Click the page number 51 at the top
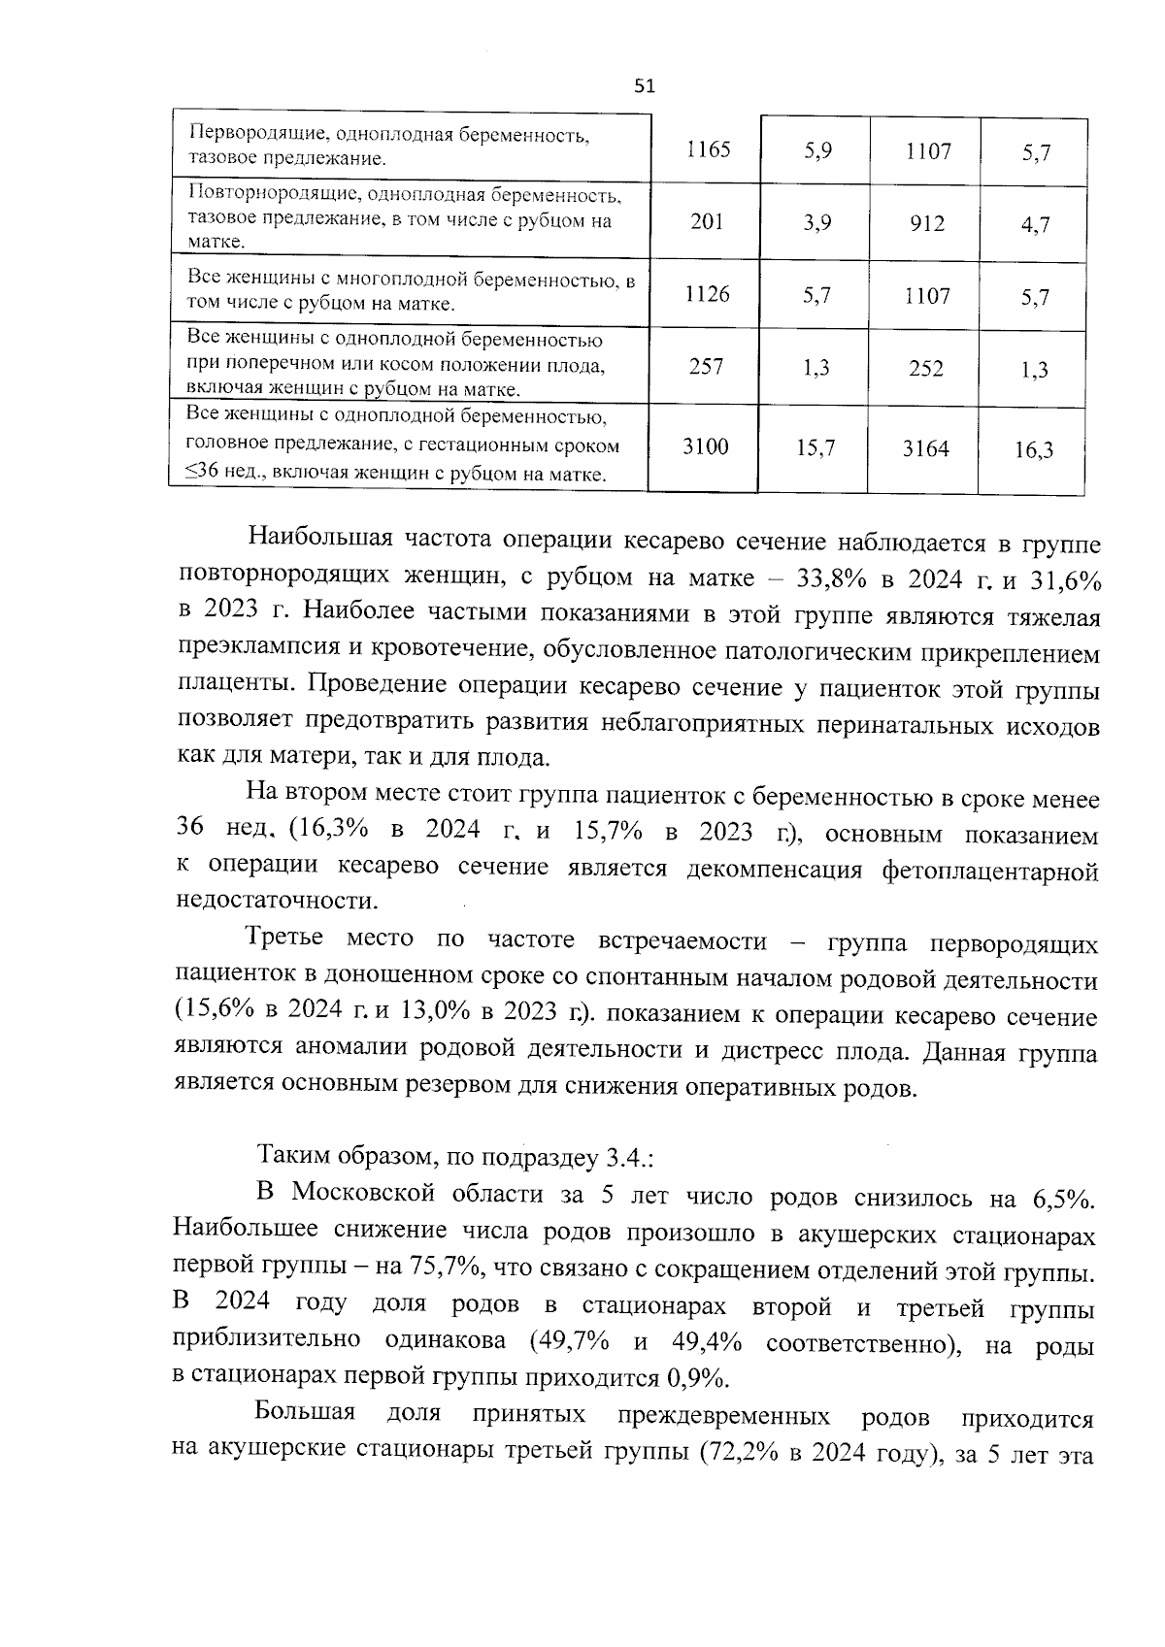(x=644, y=86)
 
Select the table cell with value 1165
(x=707, y=150)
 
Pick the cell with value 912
(x=926, y=224)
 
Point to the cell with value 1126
(x=706, y=294)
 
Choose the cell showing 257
(x=706, y=367)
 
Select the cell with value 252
(x=925, y=369)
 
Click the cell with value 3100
(x=705, y=447)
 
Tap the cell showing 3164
(x=925, y=449)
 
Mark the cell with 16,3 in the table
(x=1034, y=450)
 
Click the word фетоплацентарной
(x=989, y=871)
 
